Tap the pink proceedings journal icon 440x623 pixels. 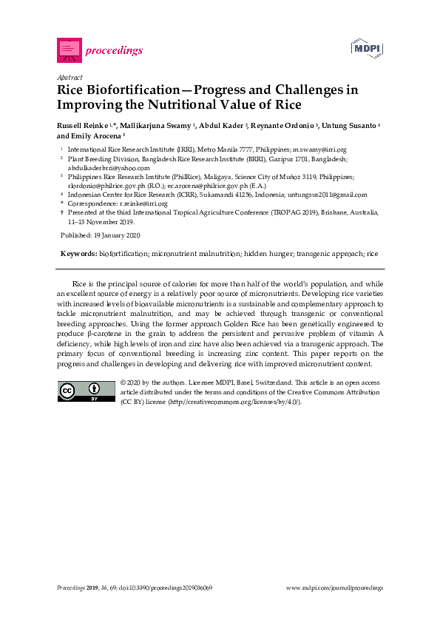[68, 50]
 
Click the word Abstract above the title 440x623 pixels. [70, 77]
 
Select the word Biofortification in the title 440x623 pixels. [134, 90]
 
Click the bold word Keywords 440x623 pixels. [78, 254]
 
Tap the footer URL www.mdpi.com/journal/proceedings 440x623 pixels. [334, 587]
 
